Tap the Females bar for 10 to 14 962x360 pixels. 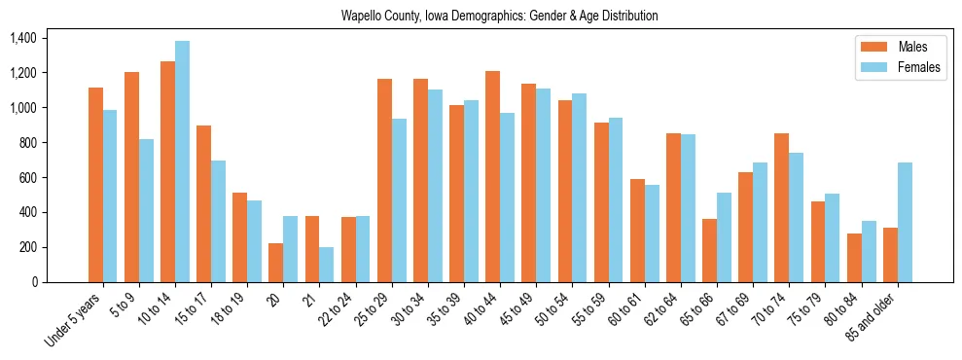[182, 162]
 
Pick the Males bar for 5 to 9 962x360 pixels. [131, 177]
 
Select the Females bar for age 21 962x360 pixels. [327, 265]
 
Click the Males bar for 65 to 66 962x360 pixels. [709, 250]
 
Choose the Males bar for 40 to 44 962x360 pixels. [492, 176]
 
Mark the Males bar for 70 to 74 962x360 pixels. [781, 207]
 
